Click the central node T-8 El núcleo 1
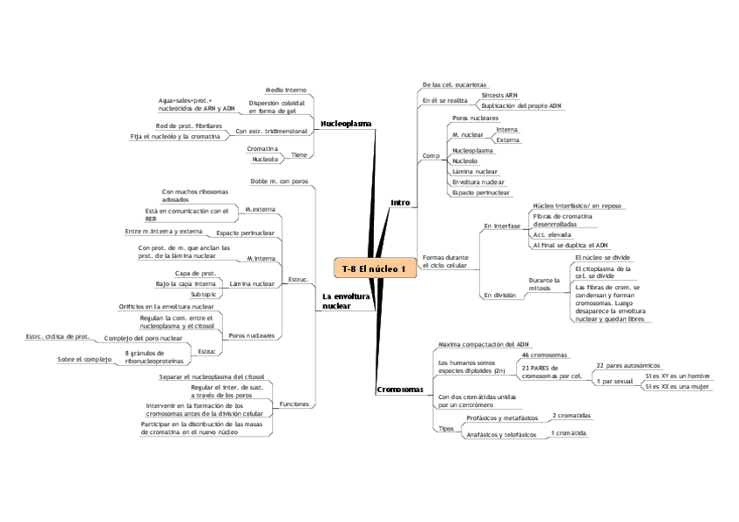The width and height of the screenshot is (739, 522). (x=373, y=268)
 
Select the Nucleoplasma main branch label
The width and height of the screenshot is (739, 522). (x=346, y=124)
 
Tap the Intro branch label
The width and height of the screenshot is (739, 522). (x=400, y=203)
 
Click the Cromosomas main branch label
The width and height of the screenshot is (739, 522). (x=399, y=390)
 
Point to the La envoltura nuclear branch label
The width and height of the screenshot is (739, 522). (x=345, y=302)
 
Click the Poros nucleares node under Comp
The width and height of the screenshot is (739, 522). (x=475, y=118)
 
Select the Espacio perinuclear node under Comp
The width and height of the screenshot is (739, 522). (x=481, y=193)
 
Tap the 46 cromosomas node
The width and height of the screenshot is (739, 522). (x=544, y=356)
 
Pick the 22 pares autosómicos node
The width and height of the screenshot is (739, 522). (x=627, y=365)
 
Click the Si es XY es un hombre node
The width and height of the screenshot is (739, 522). (x=677, y=376)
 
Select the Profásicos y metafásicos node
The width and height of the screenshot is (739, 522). (x=501, y=418)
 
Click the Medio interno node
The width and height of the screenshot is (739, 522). (x=286, y=89)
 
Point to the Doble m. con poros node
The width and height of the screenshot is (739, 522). (x=279, y=181)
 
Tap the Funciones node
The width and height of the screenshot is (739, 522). (x=293, y=404)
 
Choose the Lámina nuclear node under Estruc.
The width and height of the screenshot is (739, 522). (x=252, y=284)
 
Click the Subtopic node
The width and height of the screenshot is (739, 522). (x=203, y=295)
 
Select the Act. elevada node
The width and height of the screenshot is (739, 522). (x=552, y=235)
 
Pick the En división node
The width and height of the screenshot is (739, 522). (x=499, y=295)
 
